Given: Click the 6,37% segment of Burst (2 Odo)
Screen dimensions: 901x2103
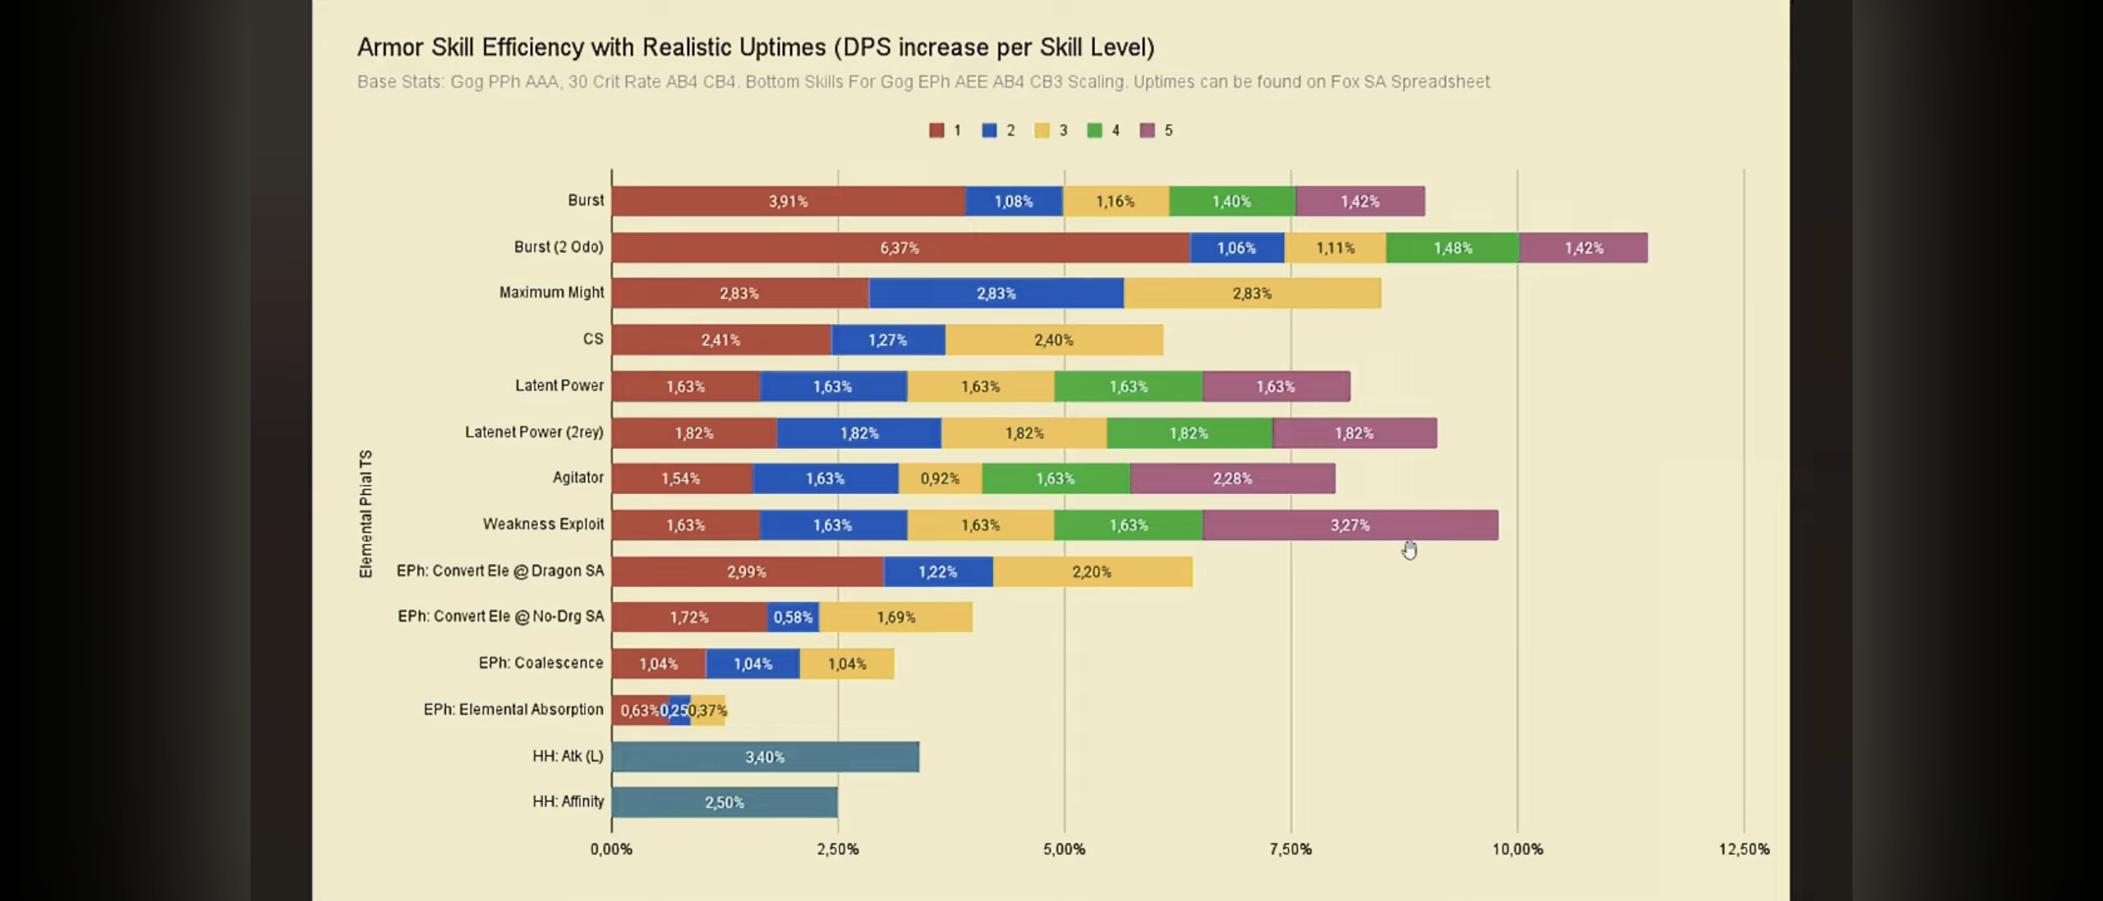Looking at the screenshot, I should [900, 247].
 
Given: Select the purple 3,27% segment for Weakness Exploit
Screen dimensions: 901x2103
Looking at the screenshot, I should [1350, 525].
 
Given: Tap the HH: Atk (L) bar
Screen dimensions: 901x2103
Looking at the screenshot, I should [765, 757].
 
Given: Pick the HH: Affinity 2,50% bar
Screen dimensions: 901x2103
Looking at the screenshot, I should [724, 802].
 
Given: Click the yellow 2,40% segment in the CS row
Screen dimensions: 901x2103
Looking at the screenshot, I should [1053, 340].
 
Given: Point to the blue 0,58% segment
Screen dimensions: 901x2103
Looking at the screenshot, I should [793, 617].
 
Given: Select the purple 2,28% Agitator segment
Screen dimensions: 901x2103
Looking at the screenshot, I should [1232, 478].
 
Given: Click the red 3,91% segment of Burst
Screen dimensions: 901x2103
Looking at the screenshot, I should [788, 201].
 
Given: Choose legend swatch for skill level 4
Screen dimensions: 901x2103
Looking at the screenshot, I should [1094, 131].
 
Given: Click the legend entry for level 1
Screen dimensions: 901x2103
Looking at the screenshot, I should [945, 131].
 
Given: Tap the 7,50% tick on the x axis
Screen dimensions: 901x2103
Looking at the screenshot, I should [1291, 849].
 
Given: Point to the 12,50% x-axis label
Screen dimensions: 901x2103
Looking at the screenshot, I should [1743, 849].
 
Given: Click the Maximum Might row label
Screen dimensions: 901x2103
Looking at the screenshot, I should [551, 293].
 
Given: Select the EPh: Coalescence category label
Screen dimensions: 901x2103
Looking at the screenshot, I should [541, 663].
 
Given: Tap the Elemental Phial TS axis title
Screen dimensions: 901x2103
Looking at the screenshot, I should [366, 514].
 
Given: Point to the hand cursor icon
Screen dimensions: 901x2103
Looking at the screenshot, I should [1410, 550].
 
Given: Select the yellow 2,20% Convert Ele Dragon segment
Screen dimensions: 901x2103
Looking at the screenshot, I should [1092, 572].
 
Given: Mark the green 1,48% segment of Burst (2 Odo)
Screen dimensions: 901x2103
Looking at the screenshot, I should [1452, 247].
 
